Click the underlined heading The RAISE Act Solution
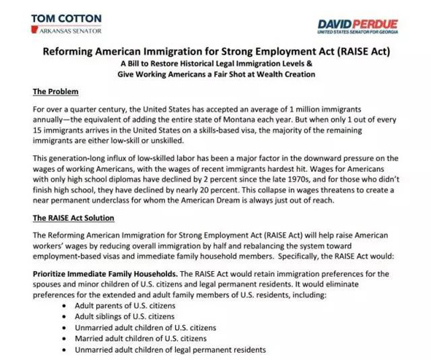73,218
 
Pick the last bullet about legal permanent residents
171,350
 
